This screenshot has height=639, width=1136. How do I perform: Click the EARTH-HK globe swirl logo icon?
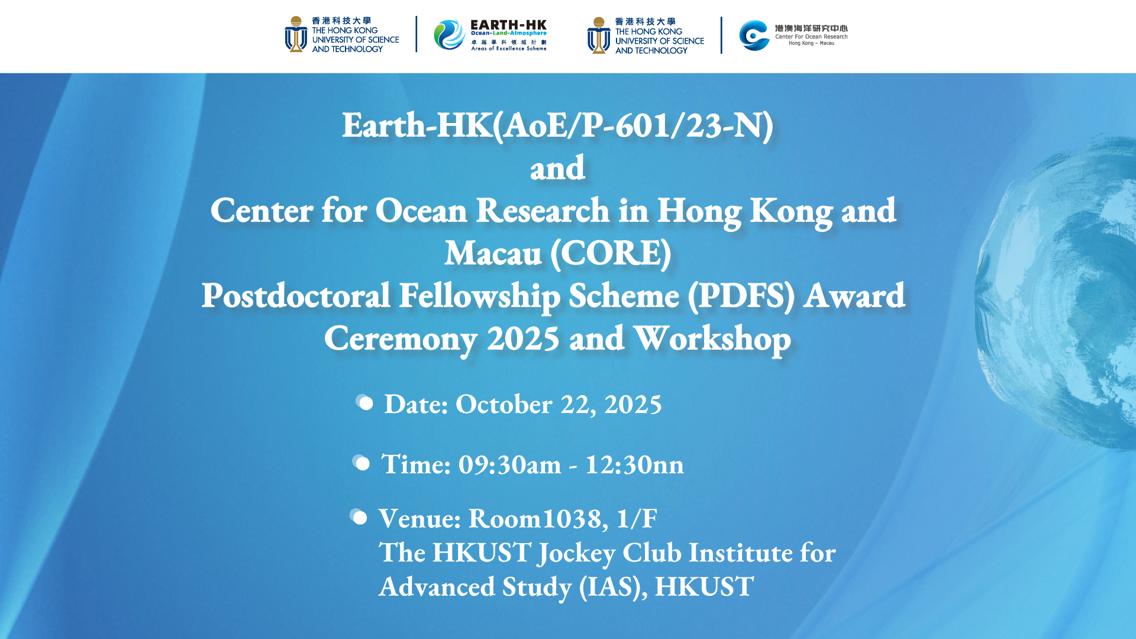pos(449,34)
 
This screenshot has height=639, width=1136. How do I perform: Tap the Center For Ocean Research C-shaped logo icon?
pos(754,35)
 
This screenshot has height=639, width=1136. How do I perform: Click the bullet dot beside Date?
pos(364,403)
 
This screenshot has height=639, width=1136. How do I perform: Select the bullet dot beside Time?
pos(361,463)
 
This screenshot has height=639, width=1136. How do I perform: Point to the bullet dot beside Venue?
pos(359,517)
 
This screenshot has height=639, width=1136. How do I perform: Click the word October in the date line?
pos(504,404)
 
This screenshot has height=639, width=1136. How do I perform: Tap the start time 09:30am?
pos(509,464)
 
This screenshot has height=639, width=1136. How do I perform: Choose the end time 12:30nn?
pos(634,464)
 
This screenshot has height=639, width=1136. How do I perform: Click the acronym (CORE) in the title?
pos(611,254)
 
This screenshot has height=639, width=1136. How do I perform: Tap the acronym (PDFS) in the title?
pos(741,296)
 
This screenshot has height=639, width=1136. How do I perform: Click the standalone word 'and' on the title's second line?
pos(557,169)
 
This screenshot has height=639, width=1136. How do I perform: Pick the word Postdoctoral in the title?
pos(296,295)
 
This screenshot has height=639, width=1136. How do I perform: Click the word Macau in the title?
pos(493,254)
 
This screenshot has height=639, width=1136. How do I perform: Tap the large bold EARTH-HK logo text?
pos(508,25)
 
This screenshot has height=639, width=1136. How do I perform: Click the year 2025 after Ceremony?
pos(523,339)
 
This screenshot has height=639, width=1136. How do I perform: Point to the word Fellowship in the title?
pos(479,296)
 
